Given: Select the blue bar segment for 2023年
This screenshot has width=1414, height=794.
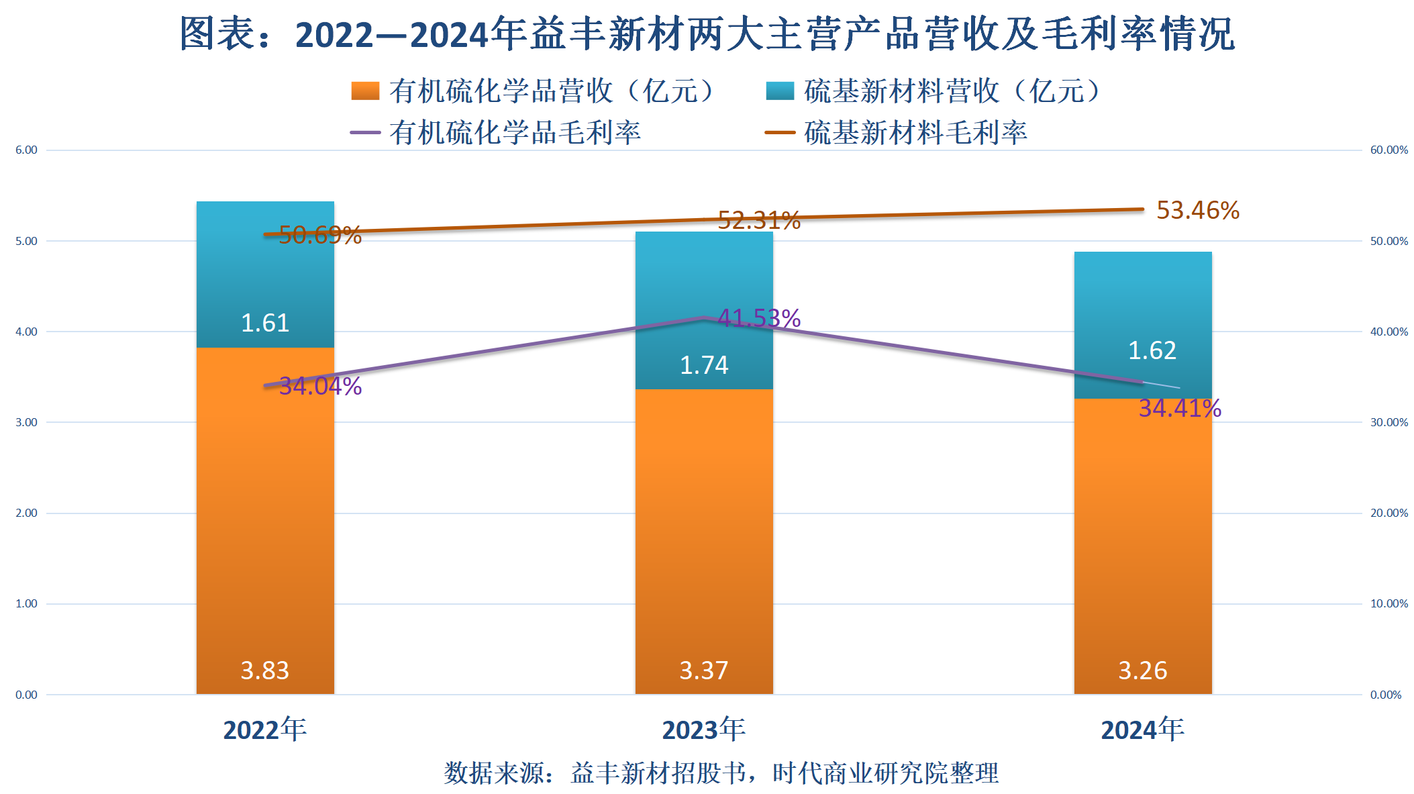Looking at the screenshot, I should [x=704, y=282].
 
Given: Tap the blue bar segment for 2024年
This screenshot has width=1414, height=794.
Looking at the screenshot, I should [x=1143, y=302].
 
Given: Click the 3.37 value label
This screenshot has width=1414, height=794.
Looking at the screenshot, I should [x=704, y=671].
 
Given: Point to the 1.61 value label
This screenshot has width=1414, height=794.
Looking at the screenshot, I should [x=265, y=323].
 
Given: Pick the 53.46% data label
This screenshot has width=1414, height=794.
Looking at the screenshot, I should [x=1198, y=210].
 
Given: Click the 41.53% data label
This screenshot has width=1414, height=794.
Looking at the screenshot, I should [x=759, y=318].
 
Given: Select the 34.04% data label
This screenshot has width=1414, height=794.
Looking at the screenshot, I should [x=320, y=386].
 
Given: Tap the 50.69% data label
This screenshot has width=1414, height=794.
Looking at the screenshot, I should [x=320, y=235].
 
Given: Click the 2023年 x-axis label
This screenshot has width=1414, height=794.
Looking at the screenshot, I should [x=704, y=730].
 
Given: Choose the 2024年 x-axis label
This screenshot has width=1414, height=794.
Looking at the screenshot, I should [x=1143, y=730].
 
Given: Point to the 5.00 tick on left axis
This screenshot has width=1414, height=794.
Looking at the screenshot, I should [x=27, y=241].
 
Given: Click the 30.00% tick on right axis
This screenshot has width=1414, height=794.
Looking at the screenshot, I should [x=1389, y=422].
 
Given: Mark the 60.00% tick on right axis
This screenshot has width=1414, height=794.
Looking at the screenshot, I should [x=1389, y=150].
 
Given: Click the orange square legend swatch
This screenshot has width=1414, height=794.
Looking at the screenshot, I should [x=365, y=91].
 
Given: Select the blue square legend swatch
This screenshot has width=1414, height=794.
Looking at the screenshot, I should [x=780, y=91].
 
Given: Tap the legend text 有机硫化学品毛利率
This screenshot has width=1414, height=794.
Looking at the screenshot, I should [x=515, y=132].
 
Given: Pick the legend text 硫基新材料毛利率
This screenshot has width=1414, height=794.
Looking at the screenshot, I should [x=916, y=132].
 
